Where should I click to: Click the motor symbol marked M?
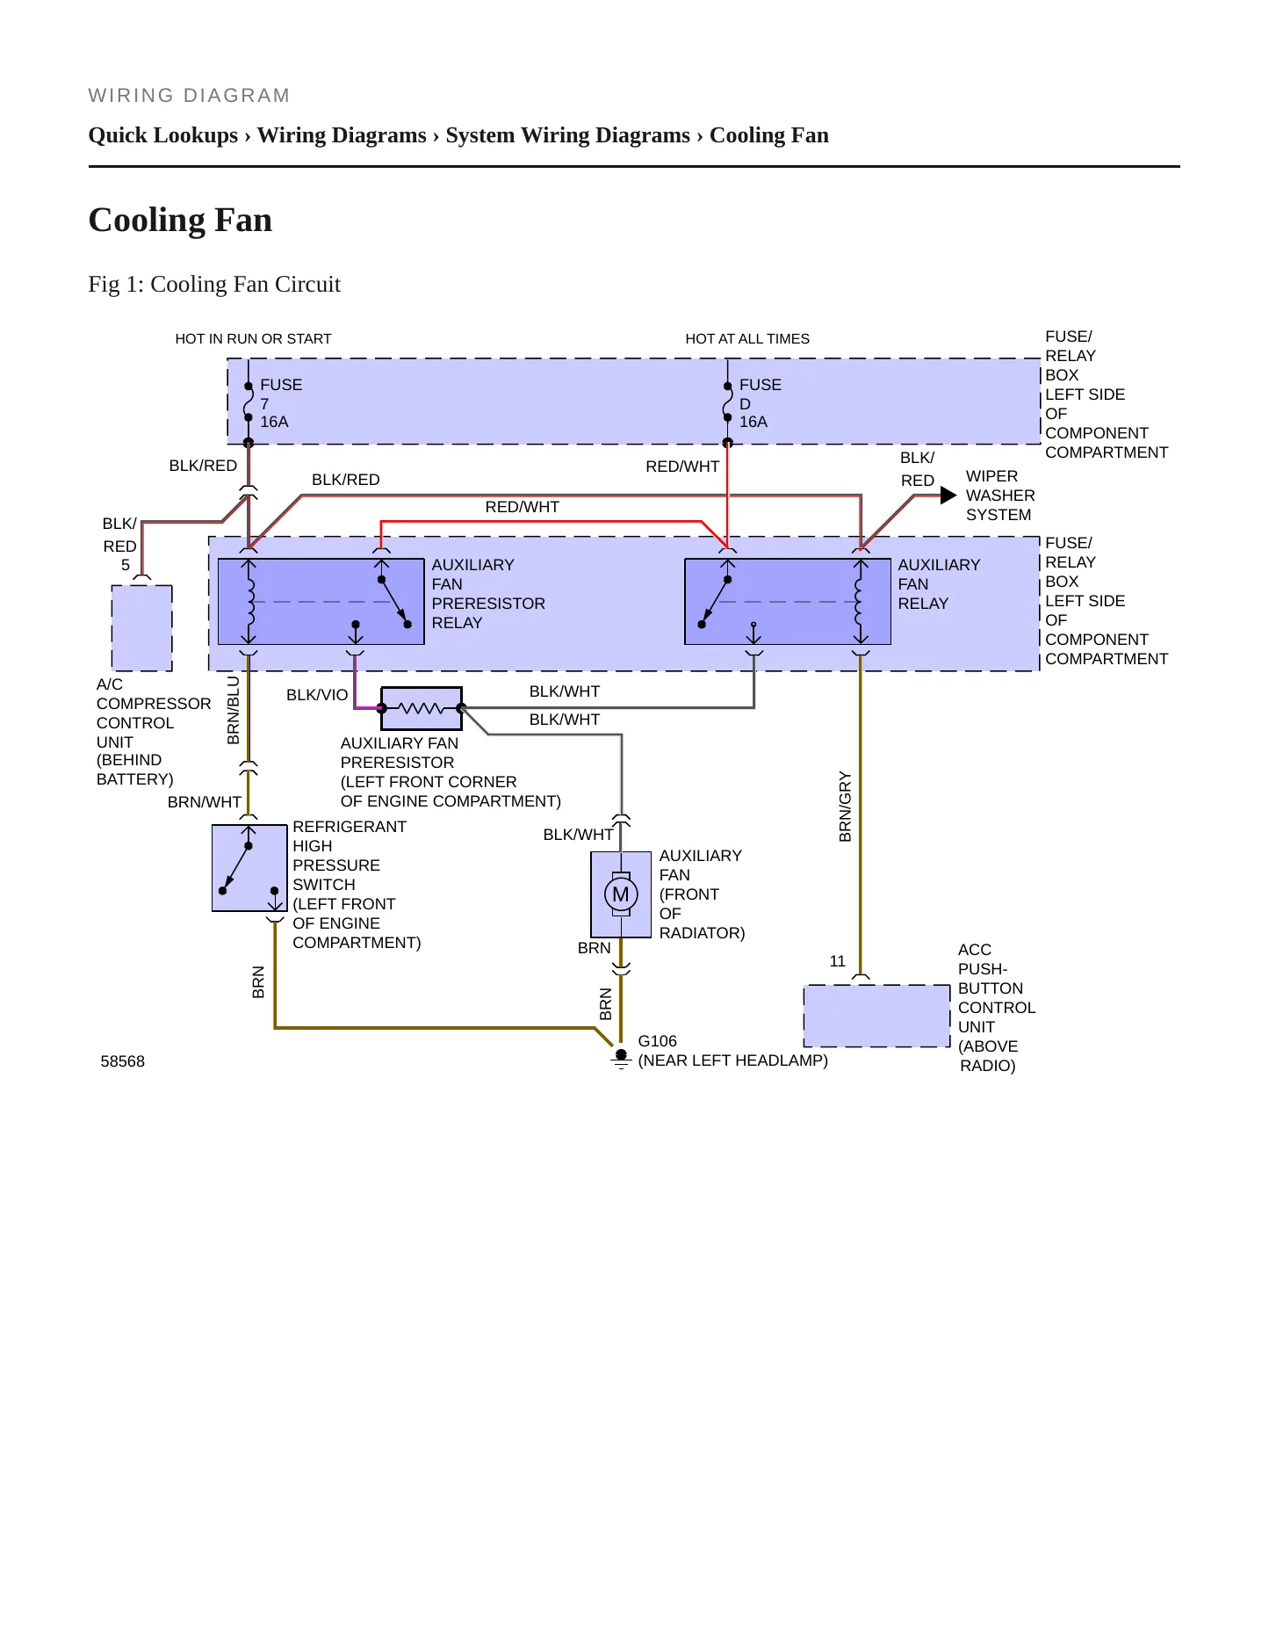point(621,894)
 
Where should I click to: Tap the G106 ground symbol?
point(621,1059)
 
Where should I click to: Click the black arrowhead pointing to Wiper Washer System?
point(948,496)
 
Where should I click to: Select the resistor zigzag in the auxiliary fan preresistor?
point(422,708)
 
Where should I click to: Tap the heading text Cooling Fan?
point(181,220)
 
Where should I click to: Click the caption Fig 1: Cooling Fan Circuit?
point(214,284)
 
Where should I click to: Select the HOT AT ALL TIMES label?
point(747,339)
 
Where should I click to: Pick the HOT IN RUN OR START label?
point(253,339)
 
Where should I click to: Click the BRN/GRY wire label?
point(846,807)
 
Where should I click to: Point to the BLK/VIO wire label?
point(317,695)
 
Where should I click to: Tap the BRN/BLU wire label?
point(234,710)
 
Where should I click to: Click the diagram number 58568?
point(123,1061)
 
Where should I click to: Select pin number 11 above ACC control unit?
point(838,961)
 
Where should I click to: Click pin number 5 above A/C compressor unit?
point(126,565)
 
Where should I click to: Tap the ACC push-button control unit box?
point(877,1016)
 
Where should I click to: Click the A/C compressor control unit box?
point(142,628)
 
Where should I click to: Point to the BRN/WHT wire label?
point(205,802)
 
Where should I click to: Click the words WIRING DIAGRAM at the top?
point(189,96)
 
